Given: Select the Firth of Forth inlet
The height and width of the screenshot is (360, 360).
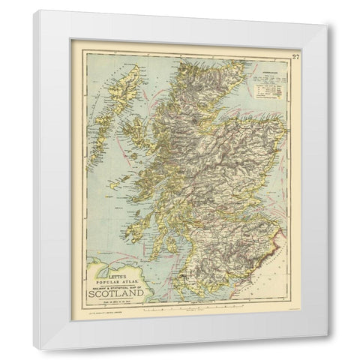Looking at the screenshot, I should (x=240, y=207).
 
